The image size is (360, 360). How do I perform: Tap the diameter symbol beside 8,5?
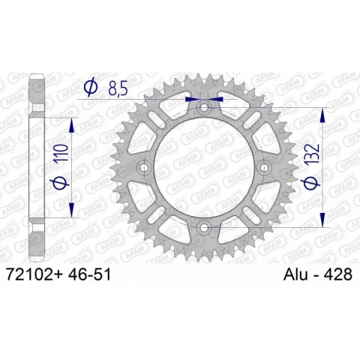click(89, 88)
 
